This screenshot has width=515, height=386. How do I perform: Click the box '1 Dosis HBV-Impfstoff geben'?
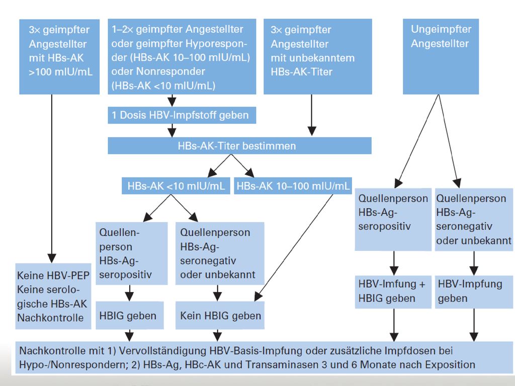[182, 115]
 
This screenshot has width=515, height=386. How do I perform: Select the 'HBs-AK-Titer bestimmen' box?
[240, 146]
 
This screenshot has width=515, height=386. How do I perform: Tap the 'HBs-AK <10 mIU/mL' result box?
[176, 186]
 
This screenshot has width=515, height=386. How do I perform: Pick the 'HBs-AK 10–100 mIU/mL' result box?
[293, 186]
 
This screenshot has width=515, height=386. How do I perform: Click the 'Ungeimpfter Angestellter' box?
[441, 56]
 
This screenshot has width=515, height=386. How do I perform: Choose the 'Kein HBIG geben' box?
[220, 316]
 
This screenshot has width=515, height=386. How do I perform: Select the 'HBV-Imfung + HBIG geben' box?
[393, 292]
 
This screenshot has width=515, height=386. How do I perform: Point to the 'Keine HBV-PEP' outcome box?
[53, 296]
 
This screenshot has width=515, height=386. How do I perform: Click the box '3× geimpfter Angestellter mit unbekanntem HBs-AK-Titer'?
[318, 56]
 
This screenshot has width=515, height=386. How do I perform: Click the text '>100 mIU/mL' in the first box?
[60, 72]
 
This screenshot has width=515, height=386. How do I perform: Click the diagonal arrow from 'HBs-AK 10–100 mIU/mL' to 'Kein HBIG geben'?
[294, 248]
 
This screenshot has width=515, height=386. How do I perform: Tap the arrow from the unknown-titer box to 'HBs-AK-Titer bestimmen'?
[312, 115]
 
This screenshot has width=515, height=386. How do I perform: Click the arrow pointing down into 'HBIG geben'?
[130, 293]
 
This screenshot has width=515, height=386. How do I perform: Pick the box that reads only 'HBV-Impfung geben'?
[474, 292]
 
